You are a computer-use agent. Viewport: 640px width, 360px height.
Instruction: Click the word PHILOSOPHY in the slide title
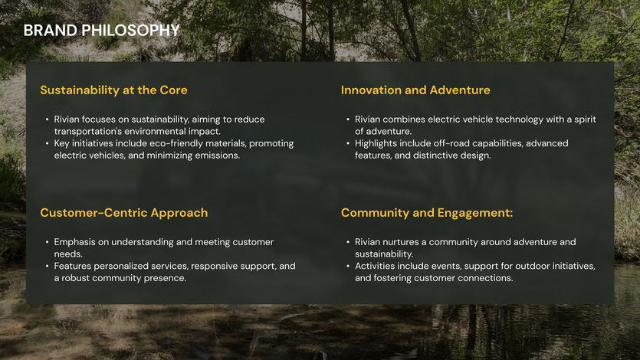pyautogui.click(x=130, y=30)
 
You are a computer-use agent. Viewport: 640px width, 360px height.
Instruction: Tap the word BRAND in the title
pyautogui.click(x=51, y=30)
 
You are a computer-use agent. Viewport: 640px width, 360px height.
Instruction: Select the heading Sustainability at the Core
pyautogui.click(x=114, y=90)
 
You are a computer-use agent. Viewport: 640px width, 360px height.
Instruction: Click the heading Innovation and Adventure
pyautogui.click(x=415, y=90)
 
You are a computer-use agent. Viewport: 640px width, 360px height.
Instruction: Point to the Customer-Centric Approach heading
pyautogui.click(x=124, y=213)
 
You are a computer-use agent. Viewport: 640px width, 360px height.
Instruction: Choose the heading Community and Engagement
pyautogui.click(x=427, y=213)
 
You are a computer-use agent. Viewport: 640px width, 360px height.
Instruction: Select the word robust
pyautogui.click(x=76, y=278)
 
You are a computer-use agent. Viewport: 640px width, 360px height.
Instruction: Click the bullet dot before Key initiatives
pyautogui.click(x=47, y=143)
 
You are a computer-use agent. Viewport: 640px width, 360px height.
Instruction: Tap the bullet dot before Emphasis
pyautogui.click(x=47, y=242)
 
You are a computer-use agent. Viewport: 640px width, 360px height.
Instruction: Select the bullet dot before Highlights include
pyautogui.click(x=348, y=143)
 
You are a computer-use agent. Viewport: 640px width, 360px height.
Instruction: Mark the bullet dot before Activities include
pyautogui.click(x=348, y=267)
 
